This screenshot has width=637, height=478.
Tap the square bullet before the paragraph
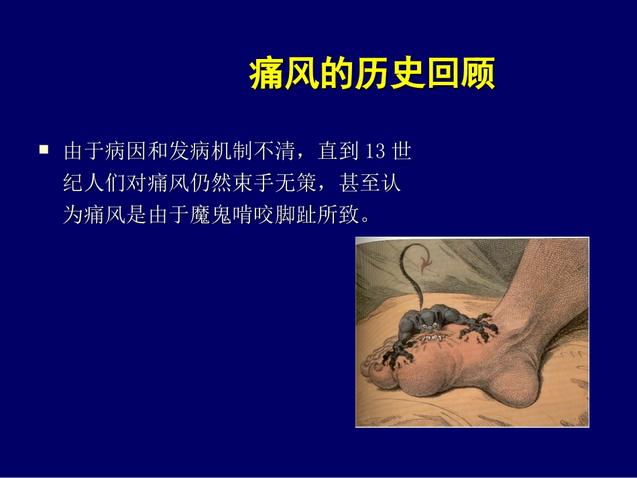click(44, 150)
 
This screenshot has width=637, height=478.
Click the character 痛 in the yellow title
click(264, 74)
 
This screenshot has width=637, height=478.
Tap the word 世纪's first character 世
click(401, 152)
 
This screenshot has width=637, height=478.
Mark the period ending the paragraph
click(365, 219)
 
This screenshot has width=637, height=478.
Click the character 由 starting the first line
click(72, 152)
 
